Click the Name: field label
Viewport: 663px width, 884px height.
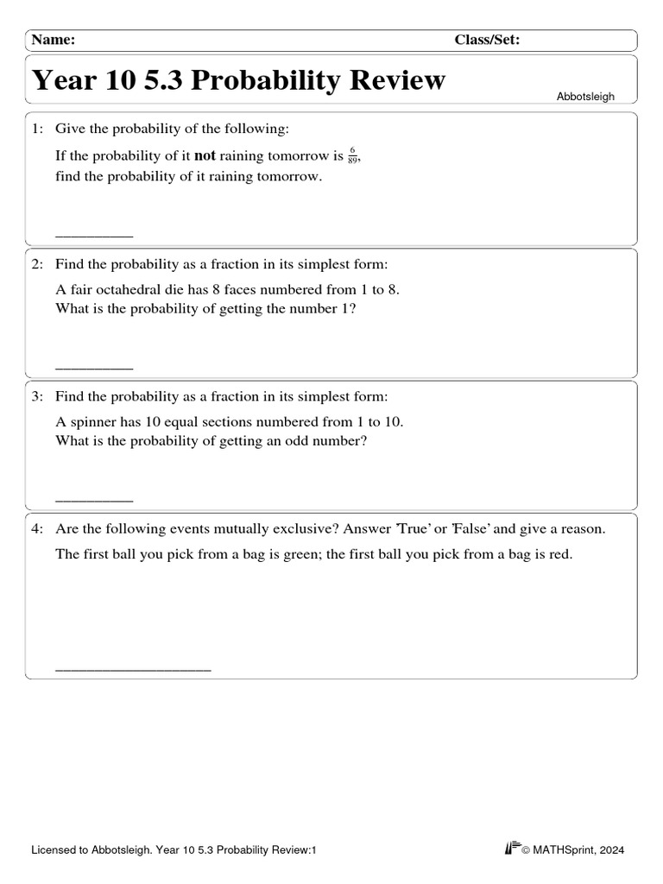pyautogui.click(x=54, y=40)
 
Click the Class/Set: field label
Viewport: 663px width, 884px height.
pyautogui.click(x=487, y=40)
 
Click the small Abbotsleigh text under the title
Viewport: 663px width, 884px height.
pyautogui.click(x=585, y=97)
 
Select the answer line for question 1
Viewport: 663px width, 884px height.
pyautogui.click(x=94, y=235)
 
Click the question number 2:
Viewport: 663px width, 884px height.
pyautogui.click(x=38, y=264)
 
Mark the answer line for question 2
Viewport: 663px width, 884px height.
pyautogui.click(x=94, y=368)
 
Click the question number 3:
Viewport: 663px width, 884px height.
pyautogui.click(x=38, y=397)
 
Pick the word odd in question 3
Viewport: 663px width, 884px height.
pyautogui.click(x=308, y=441)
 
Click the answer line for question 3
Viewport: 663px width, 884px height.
pyautogui.click(x=94, y=500)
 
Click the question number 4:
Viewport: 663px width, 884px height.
pyautogui.click(x=38, y=529)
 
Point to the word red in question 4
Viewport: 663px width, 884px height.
pyautogui.click(x=560, y=555)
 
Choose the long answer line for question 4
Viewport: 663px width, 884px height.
pyautogui.click(x=133, y=669)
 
